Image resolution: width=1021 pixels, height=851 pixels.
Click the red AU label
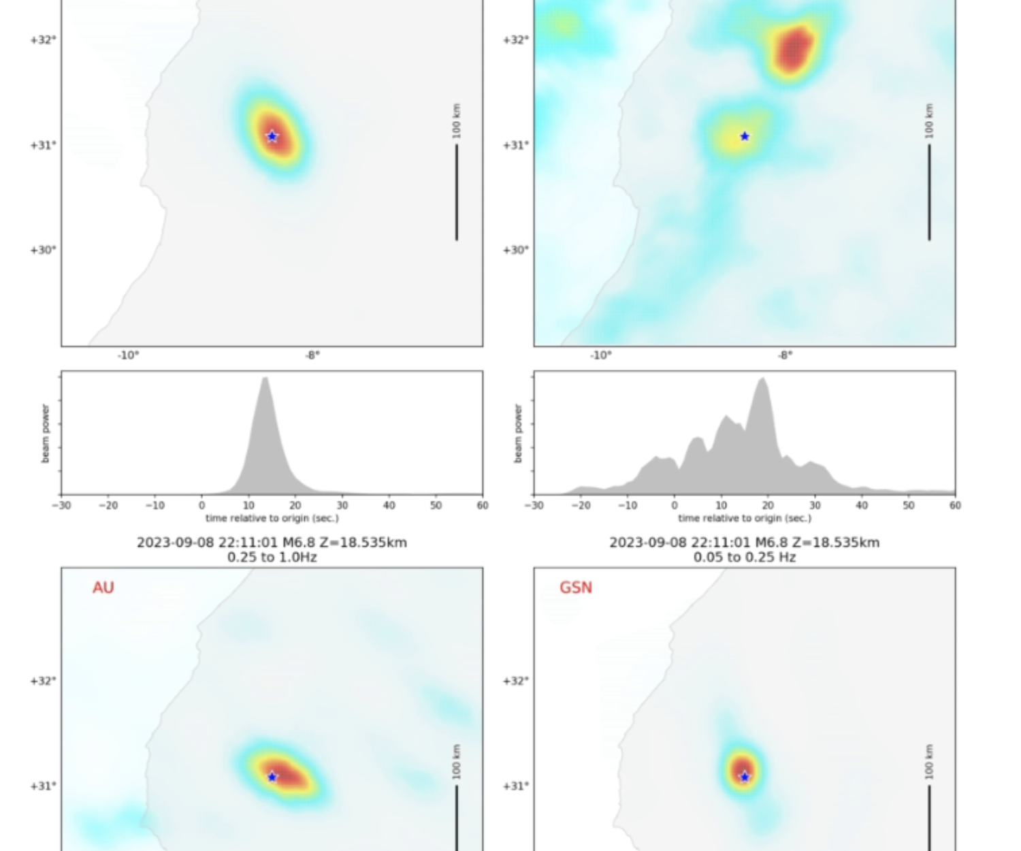pos(103,588)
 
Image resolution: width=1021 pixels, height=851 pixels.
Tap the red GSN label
pos(575,588)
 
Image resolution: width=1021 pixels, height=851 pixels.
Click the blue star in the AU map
pos(272,777)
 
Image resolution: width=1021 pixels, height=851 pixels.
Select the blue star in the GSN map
pos(745,777)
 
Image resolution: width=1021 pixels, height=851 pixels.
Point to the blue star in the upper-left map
pos(272,136)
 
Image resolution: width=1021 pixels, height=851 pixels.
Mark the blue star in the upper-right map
pos(745,136)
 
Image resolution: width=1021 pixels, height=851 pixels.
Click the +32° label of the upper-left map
pos(43,39)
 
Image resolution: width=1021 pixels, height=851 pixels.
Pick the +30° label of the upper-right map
pos(515,250)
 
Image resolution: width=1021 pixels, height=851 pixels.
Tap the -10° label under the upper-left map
pos(128,355)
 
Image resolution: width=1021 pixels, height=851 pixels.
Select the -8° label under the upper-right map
pos(785,355)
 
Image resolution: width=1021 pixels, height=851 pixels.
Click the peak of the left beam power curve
pos(265,379)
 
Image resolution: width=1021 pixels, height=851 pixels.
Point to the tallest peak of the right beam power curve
pos(763,379)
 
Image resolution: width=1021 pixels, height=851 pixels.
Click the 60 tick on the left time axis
pos(482,505)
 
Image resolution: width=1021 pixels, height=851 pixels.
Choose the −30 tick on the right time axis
pos(534,505)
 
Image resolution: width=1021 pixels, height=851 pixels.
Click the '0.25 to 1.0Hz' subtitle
pos(272,557)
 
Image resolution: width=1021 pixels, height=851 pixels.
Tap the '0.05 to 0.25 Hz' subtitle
pos(744,557)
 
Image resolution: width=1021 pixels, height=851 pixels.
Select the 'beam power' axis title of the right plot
pos(518,434)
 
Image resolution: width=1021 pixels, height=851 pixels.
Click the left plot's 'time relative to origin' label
pos(272,518)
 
